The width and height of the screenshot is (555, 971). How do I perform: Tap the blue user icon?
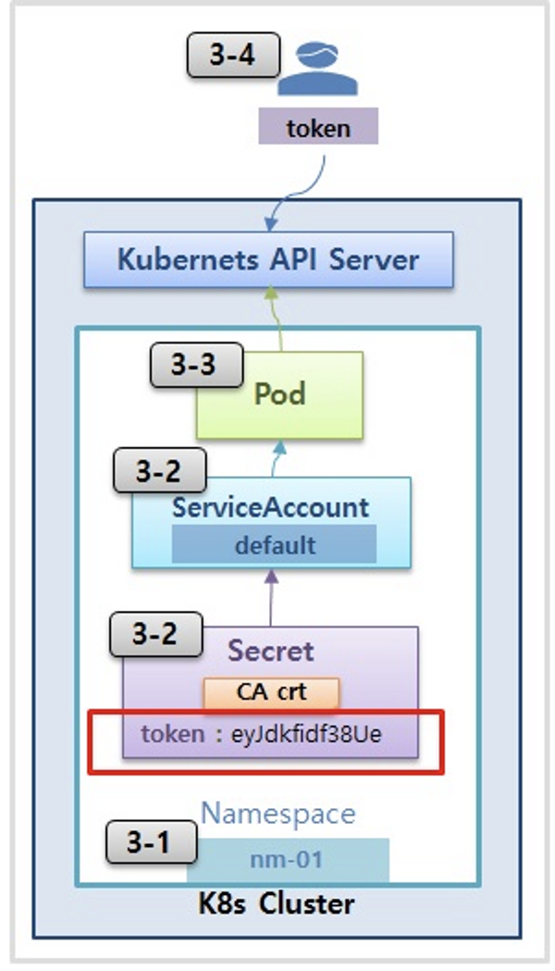pyautogui.click(x=318, y=70)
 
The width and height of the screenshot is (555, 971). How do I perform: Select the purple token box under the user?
pyautogui.click(x=318, y=128)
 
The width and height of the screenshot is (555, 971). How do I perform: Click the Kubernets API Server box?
pyautogui.click(x=268, y=259)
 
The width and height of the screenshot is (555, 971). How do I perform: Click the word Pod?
pyautogui.click(x=279, y=393)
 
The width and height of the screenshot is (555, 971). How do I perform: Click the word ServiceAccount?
pyautogui.click(x=270, y=507)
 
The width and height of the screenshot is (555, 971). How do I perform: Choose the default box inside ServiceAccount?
pyautogui.click(x=274, y=544)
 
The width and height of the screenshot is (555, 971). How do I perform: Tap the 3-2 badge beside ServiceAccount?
pyautogui.click(x=158, y=472)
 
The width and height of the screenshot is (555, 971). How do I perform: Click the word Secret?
pyautogui.click(x=270, y=651)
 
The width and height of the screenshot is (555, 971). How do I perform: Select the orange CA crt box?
pyautogui.click(x=271, y=691)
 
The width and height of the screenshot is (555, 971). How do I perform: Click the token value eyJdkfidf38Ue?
pyautogui.click(x=305, y=734)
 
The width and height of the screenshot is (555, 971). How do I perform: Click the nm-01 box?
pyautogui.click(x=287, y=860)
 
